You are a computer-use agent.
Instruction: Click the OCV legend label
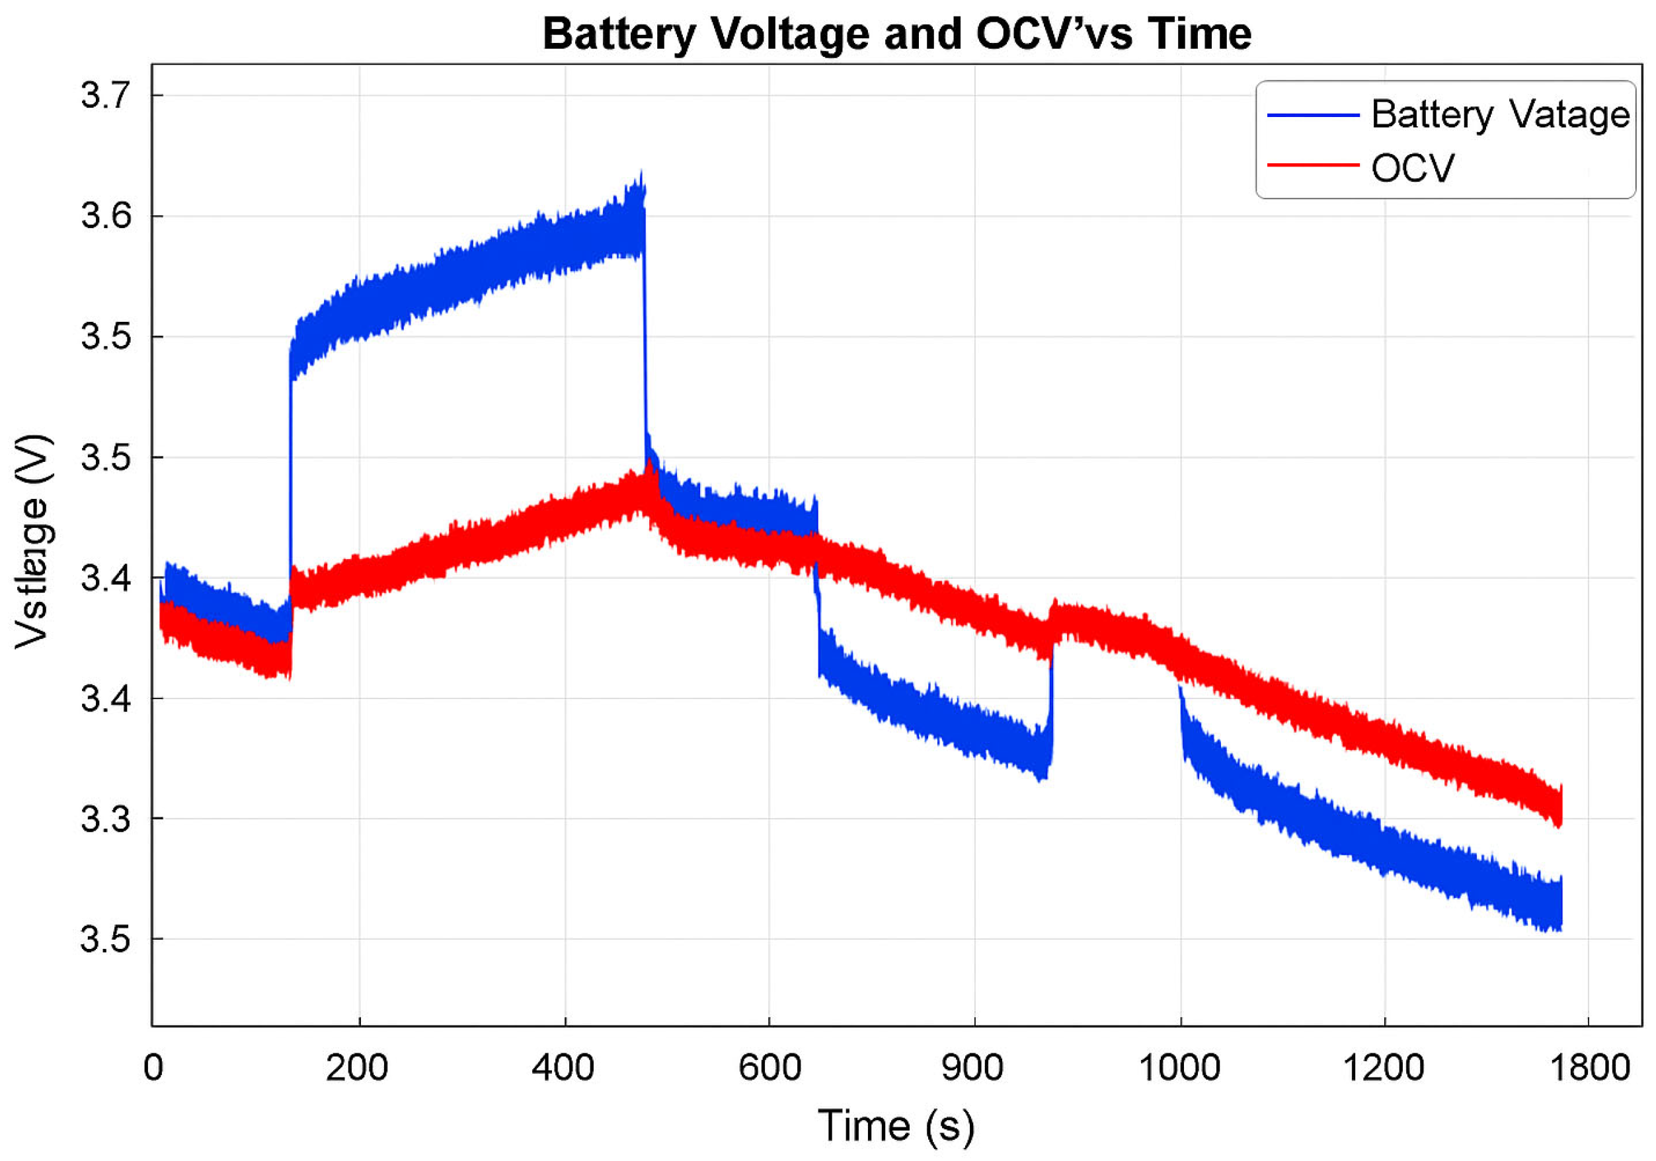pyautogui.click(x=1412, y=168)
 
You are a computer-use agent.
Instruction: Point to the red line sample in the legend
pyautogui.click(x=1313, y=165)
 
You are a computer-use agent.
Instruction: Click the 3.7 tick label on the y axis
pyautogui.click(x=106, y=95)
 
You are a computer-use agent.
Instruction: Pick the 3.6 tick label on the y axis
pyautogui.click(x=106, y=215)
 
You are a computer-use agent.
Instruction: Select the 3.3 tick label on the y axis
pyautogui.click(x=106, y=819)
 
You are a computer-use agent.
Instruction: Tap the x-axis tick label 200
pyautogui.click(x=357, y=1067)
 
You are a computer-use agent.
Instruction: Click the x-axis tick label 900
pyautogui.click(x=972, y=1067)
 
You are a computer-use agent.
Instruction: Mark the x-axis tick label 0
pyautogui.click(x=153, y=1067)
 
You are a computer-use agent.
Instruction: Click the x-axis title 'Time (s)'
pyautogui.click(x=896, y=1126)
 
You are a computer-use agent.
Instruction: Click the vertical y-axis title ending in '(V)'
pyautogui.click(x=33, y=541)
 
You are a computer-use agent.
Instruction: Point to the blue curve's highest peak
pyautogui.click(x=641, y=173)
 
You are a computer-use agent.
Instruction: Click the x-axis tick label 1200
pyautogui.click(x=1384, y=1067)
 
